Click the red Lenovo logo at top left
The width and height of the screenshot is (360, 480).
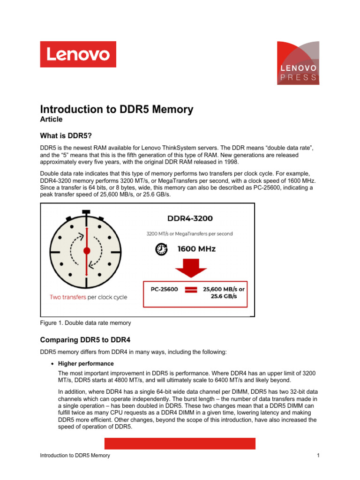pyautogui.click(x=78, y=54)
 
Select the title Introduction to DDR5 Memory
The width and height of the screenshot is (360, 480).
pyautogui.click(x=116, y=110)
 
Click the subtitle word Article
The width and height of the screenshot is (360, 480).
pyautogui.click(x=51, y=120)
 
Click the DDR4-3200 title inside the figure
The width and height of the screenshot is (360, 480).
pyautogui.click(x=190, y=218)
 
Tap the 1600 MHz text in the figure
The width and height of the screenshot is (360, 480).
pyautogui.click(x=196, y=249)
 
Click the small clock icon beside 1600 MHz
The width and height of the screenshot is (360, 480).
pyautogui.click(x=162, y=249)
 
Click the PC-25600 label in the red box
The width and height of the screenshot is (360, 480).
pyautogui.click(x=164, y=289)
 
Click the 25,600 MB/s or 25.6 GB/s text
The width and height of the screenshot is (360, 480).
pyautogui.click(x=223, y=292)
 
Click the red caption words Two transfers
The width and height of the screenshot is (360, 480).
pyautogui.click(x=67, y=297)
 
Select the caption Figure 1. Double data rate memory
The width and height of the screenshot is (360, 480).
pyautogui.click(x=86, y=323)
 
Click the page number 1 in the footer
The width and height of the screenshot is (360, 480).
pyautogui.click(x=318, y=456)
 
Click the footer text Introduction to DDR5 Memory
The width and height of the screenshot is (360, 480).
pyautogui.click(x=75, y=456)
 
